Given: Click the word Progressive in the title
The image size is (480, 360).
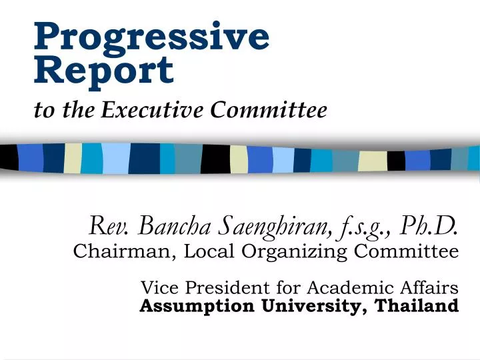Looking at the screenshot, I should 152,37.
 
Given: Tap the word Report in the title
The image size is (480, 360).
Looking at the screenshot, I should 103,70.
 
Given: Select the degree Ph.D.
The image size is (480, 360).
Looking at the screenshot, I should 431,227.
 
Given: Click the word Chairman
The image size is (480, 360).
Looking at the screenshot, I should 116,252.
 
